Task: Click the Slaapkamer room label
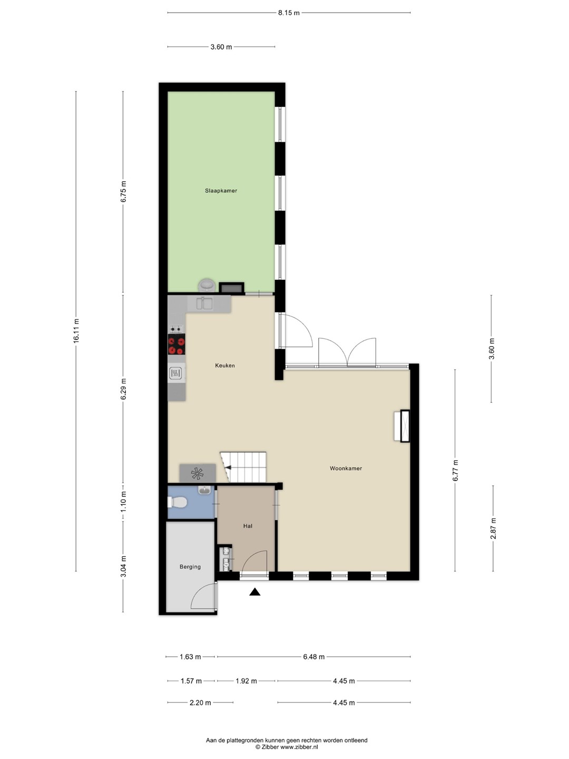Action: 221,190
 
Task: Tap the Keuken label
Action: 225,365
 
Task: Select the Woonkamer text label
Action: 346,468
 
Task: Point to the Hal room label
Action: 248,526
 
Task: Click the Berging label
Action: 190,567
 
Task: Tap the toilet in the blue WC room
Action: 177,502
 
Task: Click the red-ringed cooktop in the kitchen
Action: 176,344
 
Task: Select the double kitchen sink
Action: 204,304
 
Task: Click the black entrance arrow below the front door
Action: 255,592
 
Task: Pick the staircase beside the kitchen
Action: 243,467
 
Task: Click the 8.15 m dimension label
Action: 289,13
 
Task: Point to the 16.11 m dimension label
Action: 76,331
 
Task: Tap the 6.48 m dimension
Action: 313,657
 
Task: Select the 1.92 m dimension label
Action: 246,681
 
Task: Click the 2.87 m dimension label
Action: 493,528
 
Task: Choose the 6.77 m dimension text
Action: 455,470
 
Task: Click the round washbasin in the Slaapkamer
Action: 207,285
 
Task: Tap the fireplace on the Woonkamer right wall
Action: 402,426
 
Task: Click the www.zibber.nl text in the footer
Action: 299,747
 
